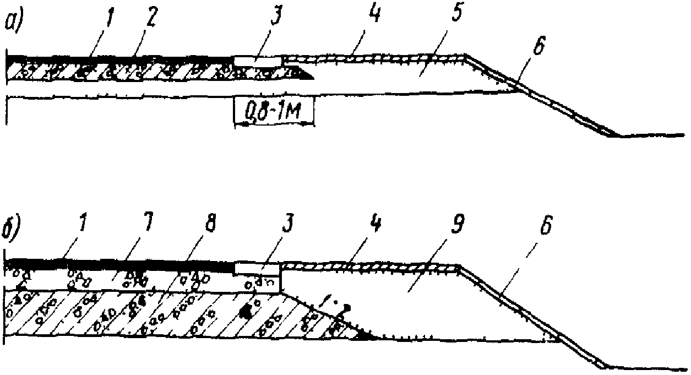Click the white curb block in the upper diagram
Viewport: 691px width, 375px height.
[x=258, y=60]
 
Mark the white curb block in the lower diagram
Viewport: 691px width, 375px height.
[x=258, y=268]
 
